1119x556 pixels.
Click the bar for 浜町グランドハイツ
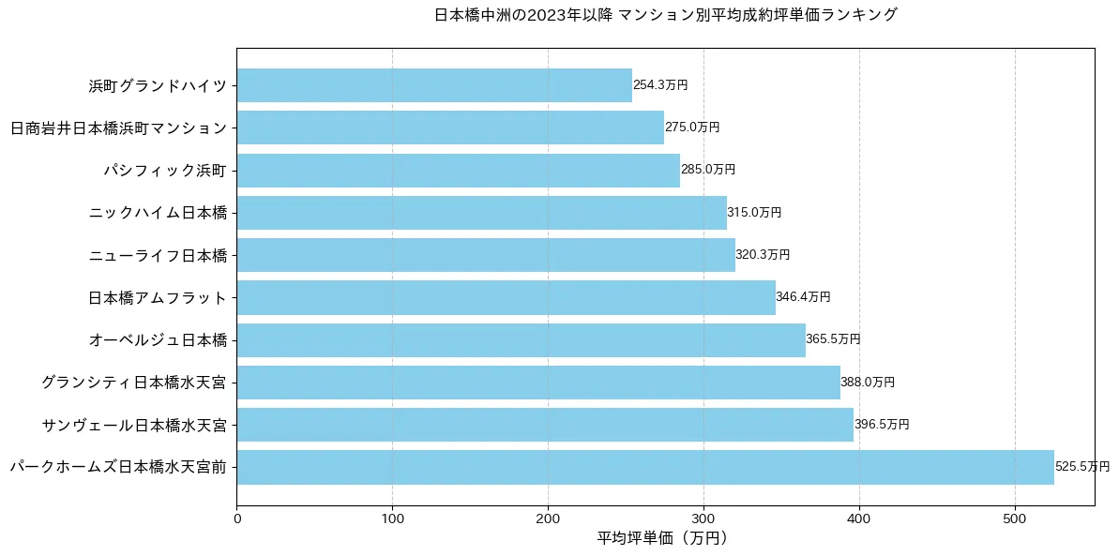[434, 85]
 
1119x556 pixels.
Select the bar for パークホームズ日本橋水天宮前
[645, 467]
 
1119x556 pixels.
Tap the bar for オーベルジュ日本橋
[521, 339]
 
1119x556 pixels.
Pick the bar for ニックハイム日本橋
[481, 213]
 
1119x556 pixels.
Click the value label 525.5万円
[1082, 467]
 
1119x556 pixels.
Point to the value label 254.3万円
[660, 85]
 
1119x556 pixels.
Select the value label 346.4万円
[803, 297]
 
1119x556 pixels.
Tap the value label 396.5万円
[882, 425]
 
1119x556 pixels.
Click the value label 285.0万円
[708, 170]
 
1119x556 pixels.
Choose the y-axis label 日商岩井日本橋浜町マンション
[118, 128]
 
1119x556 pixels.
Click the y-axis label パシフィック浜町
[165, 170]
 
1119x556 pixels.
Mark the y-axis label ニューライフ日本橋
[158, 255]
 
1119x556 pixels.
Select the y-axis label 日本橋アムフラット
[158, 297]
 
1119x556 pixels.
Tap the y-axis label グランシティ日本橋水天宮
[134, 383]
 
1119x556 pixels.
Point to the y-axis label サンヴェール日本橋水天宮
[134, 425]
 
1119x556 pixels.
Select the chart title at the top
[665, 15]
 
